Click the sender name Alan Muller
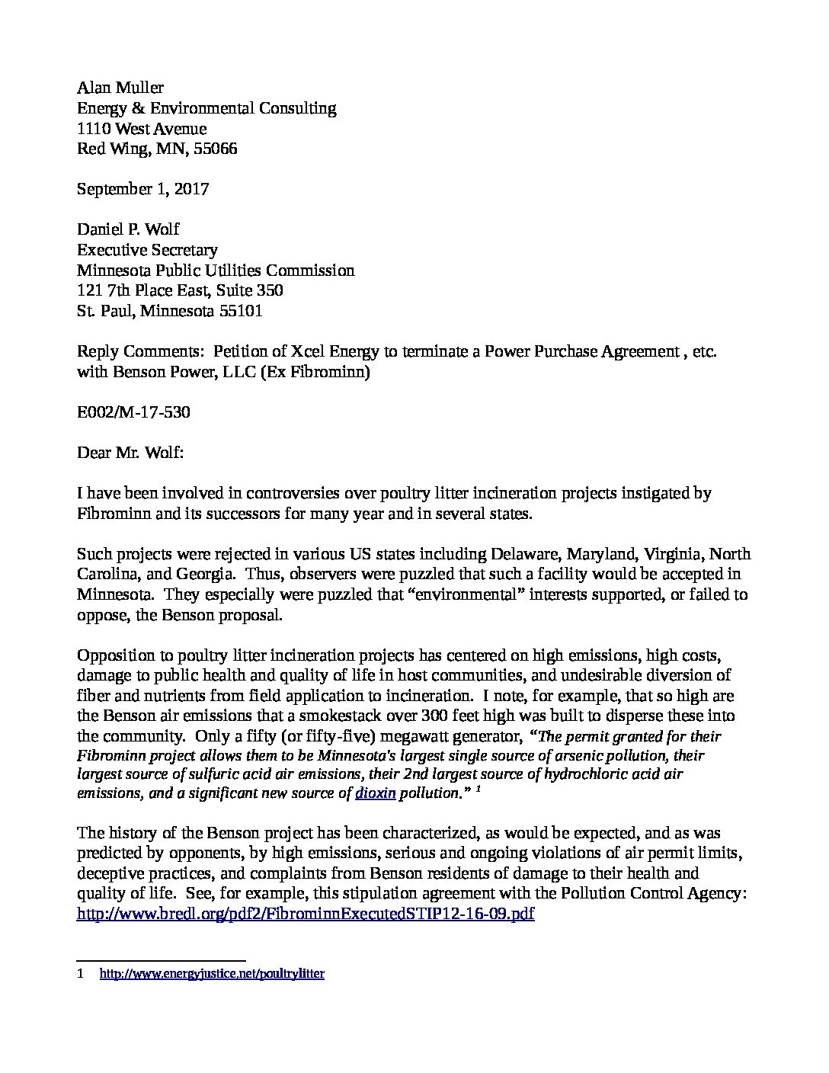tap(120, 88)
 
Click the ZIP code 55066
tap(216, 149)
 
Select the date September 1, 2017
tap(142, 189)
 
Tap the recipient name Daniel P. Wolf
tap(128, 229)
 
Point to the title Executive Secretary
tap(147, 250)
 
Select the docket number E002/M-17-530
tap(133, 412)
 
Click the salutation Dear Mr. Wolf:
tap(130, 453)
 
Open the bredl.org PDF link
tap(306, 914)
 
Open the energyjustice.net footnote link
tap(213, 974)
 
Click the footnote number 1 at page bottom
tap(81, 974)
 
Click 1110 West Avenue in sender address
tap(142, 128)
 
